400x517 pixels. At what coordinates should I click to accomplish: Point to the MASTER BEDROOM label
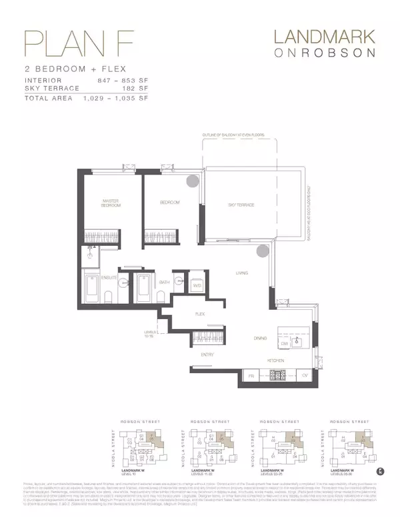tap(111, 203)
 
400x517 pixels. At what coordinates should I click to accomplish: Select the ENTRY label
tap(207, 354)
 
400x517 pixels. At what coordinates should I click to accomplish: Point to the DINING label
tap(260, 338)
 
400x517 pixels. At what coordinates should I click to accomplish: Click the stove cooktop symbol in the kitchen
tap(277, 375)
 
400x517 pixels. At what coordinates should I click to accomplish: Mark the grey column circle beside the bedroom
tap(192, 181)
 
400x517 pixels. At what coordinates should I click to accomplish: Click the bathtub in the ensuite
tap(93, 290)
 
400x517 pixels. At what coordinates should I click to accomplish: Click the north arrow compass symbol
tap(381, 471)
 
